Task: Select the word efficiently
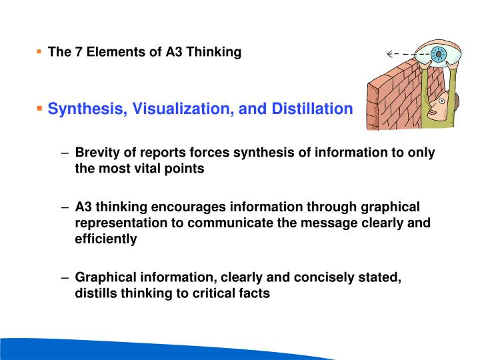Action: click(x=106, y=239)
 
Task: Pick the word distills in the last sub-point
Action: click(x=96, y=293)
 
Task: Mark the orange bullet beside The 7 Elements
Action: click(x=39, y=51)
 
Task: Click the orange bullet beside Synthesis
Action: click(x=39, y=107)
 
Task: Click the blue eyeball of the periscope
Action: click(x=438, y=55)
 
